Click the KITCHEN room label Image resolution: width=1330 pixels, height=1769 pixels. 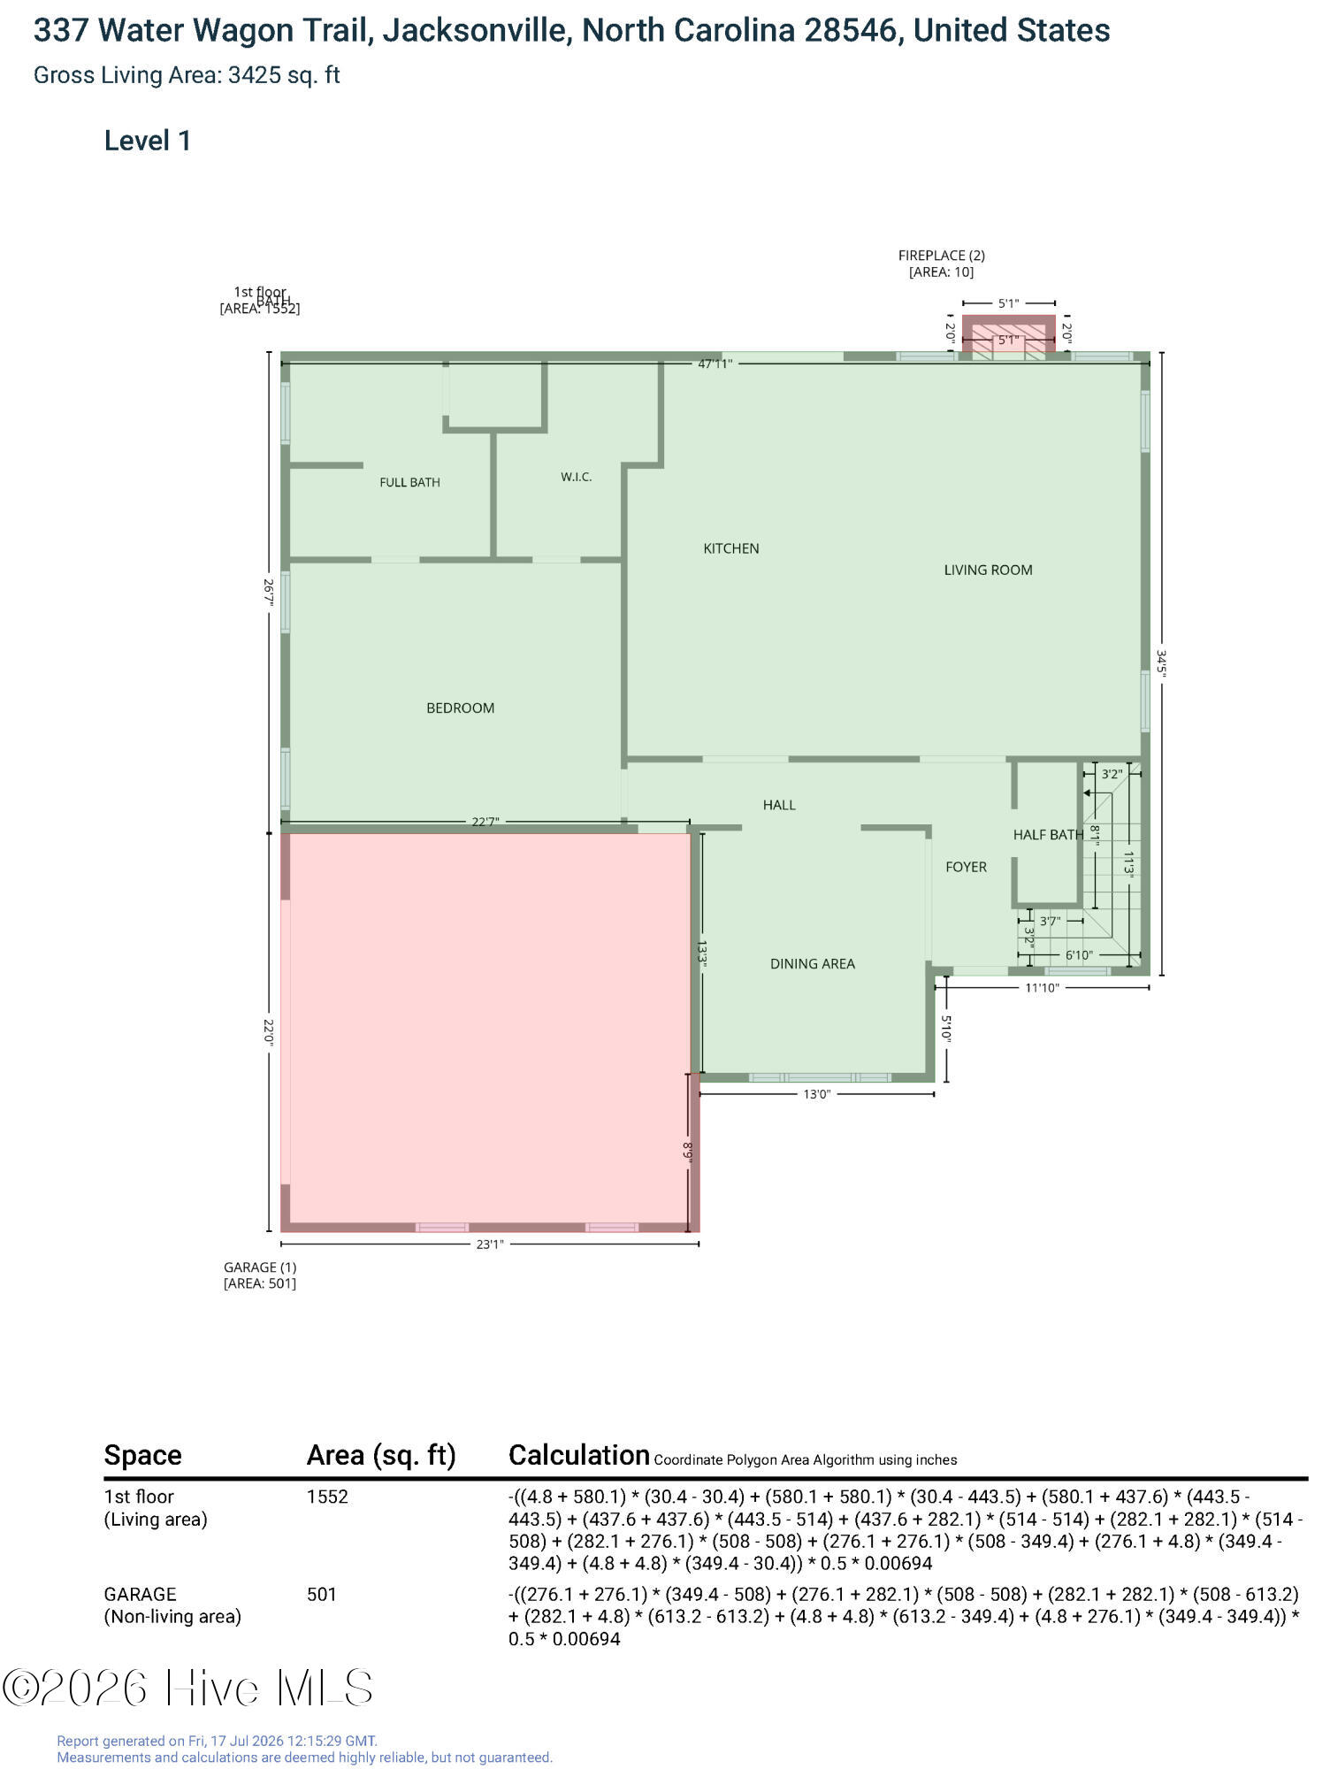(x=730, y=548)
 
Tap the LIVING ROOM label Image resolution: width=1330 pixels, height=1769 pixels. (x=988, y=570)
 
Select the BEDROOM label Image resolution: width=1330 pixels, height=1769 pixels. (x=460, y=708)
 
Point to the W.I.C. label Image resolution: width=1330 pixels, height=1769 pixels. (x=576, y=477)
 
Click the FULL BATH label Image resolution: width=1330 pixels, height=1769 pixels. (x=409, y=482)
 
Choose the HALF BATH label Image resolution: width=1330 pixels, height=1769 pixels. (x=1048, y=834)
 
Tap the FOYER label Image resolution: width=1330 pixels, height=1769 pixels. (x=966, y=867)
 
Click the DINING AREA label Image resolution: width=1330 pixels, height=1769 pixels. (x=812, y=963)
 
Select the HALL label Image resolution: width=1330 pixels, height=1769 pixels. (x=779, y=804)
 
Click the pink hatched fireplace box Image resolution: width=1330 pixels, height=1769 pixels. (x=1008, y=334)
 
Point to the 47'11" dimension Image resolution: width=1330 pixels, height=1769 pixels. (x=715, y=364)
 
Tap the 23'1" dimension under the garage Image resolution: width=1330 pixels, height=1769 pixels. (x=490, y=1244)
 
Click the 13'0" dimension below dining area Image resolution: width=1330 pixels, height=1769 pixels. (x=816, y=1094)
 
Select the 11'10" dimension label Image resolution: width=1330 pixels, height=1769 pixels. (x=1042, y=988)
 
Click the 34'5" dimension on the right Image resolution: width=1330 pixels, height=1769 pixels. (x=1161, y=663)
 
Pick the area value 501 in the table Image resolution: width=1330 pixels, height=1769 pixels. (x=322, y=1594)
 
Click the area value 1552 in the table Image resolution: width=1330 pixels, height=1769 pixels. (x=327, y=1497)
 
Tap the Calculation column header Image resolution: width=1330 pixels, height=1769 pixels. (x=579, y=1455)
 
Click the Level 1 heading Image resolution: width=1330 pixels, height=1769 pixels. (x=148, y=141)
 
